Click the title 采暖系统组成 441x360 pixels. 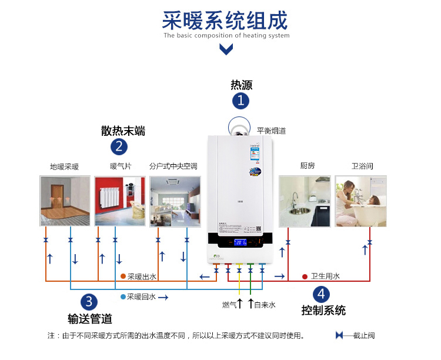[225, 21]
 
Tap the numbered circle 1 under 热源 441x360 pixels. [240, 101]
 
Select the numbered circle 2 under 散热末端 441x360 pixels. [119, 146]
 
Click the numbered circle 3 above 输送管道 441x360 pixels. [88, 302]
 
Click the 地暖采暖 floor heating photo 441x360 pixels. [64, 201]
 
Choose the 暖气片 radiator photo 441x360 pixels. [120, 201]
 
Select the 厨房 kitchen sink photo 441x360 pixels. [305, 201]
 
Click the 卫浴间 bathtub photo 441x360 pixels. [361, 201]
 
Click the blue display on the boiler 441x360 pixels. [240, 242]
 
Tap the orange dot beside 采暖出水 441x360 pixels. [123, 276]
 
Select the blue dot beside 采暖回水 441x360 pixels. [123, 297]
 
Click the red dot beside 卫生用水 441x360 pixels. [305, 276]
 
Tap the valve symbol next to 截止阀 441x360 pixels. [340, 335]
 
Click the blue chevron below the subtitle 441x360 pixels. [225, 49]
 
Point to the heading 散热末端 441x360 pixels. [123, 131]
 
